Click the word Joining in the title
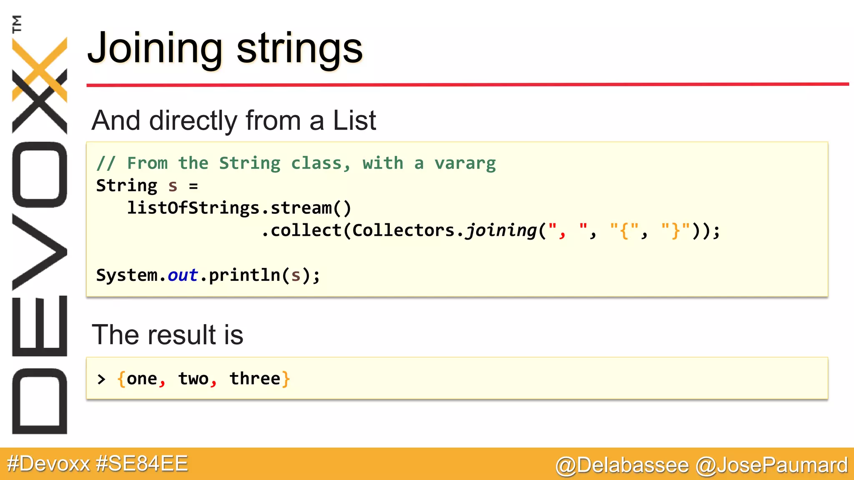[x=154, y=49]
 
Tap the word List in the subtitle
[x=354, y=120]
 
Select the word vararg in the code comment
[x=465, y=163]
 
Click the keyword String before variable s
[x=127, y=186]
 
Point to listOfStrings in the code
[x=193, y=208]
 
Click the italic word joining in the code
[x=501, y=230]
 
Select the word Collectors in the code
[x=403, y=230]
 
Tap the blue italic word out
[x=183, y=275]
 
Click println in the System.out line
[x=244, y=275]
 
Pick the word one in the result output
[x=142, y=379]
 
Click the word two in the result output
[x=193, y=379]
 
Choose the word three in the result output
[x=255, y=379]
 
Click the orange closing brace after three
[x=286, y=379]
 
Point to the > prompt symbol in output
[x=101, y=379]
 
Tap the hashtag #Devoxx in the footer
[x=48, y=464]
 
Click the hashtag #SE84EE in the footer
[x=142, y=464]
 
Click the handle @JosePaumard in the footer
[x=772, y=465]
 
